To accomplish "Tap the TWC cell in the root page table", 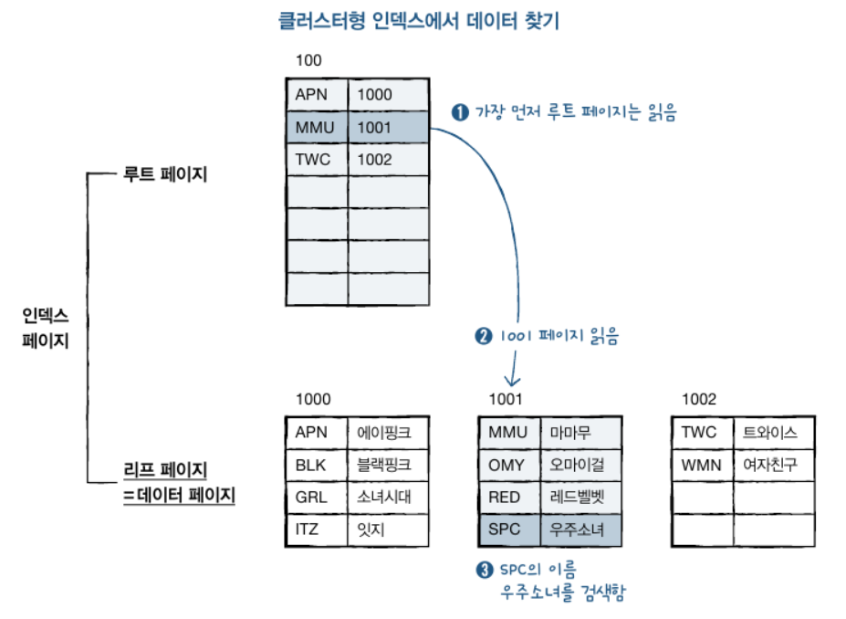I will (316, 160).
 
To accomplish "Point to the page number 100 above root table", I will (308, 61).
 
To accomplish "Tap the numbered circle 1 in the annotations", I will (460, 112).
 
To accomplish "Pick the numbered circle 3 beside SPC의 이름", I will (485, 570).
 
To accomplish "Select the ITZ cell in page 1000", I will (312, 529).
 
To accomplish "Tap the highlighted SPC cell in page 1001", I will (507, 529).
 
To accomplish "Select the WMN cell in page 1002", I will (701, 465).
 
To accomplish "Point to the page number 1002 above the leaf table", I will (699, 399).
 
